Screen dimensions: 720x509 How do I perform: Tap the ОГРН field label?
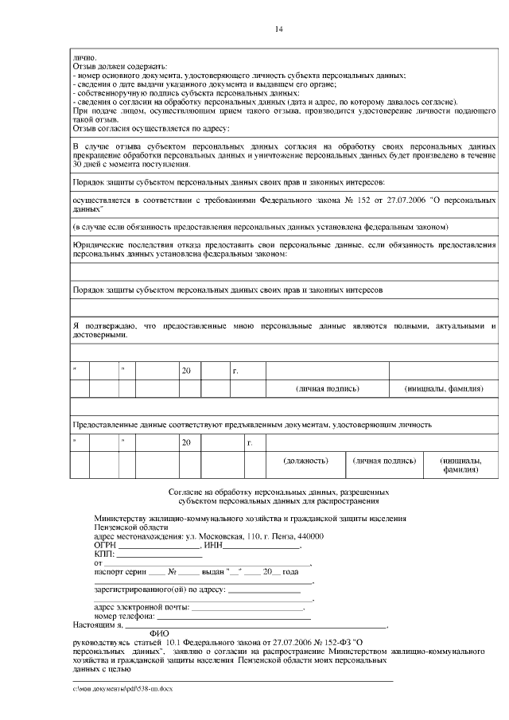click(105, 545)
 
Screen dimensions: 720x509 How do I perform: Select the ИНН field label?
click(212, 545)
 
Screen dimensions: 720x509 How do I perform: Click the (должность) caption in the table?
click(306, 461)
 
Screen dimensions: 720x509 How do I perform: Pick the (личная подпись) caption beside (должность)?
click(385, 461)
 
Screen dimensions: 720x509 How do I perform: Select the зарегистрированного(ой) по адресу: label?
click(160, 590)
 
